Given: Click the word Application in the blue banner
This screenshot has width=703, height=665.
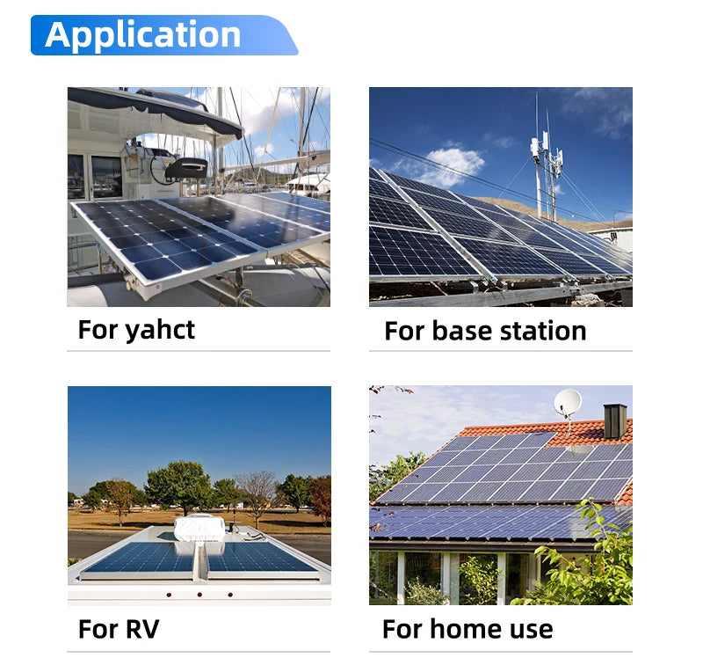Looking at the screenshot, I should pos(142,34).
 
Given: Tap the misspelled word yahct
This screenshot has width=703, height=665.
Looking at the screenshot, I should pos(160,331).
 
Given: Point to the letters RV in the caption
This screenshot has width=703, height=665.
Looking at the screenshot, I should pos(141,630).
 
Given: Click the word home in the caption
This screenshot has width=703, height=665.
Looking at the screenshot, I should pos(467,630).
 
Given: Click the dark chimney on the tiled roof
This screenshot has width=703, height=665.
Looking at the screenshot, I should pos(615,421).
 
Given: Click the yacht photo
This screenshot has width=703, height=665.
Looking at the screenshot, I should pos(199,196).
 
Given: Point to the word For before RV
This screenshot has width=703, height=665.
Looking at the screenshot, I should pos(97,630).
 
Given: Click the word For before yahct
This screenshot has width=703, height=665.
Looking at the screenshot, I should pos(97,331).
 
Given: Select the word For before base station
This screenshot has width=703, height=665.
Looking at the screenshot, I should pos(404,332).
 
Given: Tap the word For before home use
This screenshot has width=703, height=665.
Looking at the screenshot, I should pos(402,630).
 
